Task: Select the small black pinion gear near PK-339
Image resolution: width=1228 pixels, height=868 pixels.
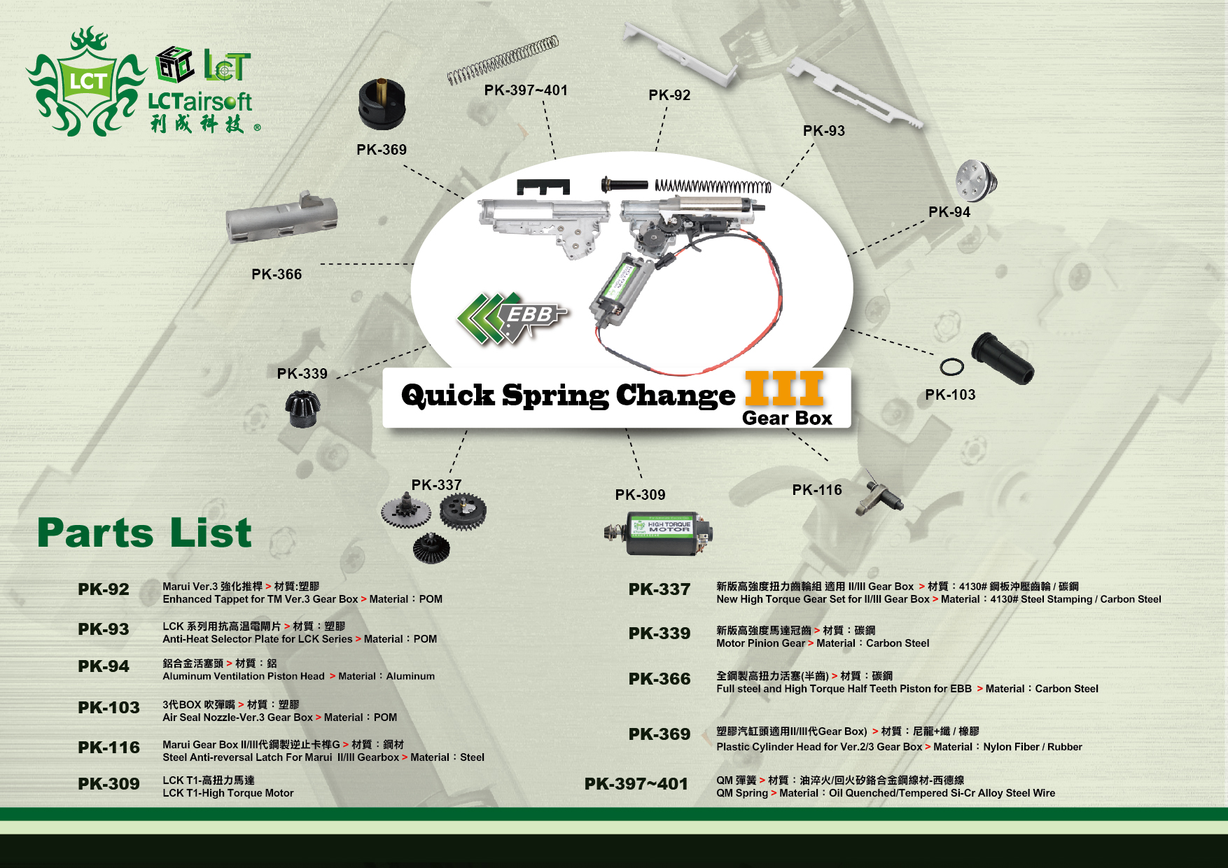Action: tap(302, 408)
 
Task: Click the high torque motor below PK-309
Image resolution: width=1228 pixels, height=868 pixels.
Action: tap(660, 533)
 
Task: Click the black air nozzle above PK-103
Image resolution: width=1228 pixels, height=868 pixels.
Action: tap(1002, 357)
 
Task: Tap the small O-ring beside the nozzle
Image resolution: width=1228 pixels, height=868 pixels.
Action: tap(951, 366)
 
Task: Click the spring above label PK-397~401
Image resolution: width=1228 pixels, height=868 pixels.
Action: tap(503, 60)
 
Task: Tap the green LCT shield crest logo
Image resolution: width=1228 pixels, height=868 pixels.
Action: tap(86, 83)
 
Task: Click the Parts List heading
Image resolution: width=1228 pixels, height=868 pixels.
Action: tap(144, 533)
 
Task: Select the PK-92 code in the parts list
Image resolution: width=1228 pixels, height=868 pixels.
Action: tap(104, 589)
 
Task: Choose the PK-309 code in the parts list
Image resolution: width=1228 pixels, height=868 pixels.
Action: tap(109, 784)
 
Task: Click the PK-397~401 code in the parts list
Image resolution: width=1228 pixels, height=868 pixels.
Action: tap(636, 784)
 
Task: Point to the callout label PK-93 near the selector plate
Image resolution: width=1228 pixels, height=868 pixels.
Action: tap(823, 131)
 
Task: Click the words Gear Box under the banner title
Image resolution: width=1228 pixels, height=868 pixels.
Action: tap(787, 419)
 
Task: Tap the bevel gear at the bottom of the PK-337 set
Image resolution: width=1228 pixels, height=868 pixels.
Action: tap(431, 547)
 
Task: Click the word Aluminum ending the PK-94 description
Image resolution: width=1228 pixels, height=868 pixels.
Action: tap(410, 676)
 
